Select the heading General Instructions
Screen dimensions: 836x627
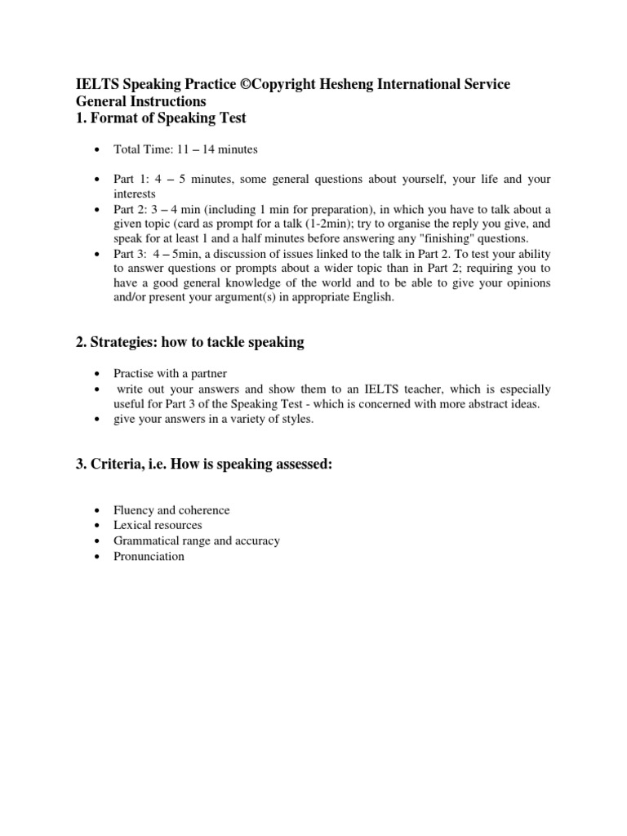(x=141, y=102)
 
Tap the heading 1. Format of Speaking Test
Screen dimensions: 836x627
(x=161, y=118)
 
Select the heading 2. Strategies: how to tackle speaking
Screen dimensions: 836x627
(x=189, y=342)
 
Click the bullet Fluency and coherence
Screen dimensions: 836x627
(x=171, y=510)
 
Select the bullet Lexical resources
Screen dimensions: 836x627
(x=158, y=525)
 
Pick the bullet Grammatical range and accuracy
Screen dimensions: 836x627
(x=197, y=540)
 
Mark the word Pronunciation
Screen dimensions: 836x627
(x=149, y=556)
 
